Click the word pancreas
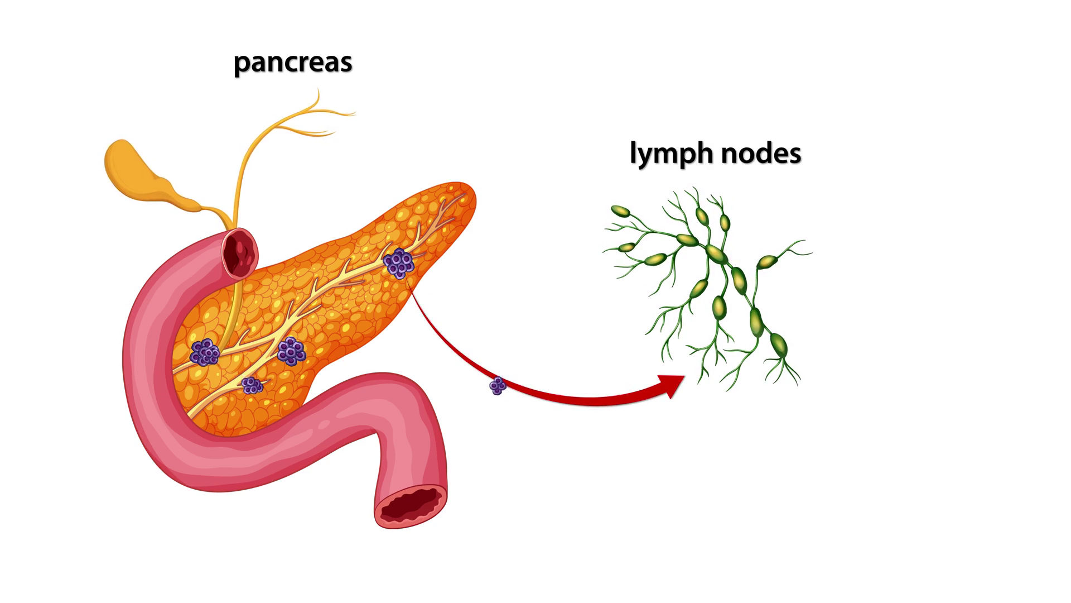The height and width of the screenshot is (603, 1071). coord(293,63)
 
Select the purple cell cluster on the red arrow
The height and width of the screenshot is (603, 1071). coord(498,386)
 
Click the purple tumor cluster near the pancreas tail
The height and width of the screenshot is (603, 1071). coord(398,263)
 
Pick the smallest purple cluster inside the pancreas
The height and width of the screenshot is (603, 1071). coord(252,385)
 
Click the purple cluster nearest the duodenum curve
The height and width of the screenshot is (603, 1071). coord(204,352)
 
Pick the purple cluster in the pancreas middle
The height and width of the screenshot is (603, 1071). coord(291,351)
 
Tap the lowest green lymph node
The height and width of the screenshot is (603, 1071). coord(779,346)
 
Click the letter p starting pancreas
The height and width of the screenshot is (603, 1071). coord(241,65)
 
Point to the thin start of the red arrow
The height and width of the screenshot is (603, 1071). coord(413,293)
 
